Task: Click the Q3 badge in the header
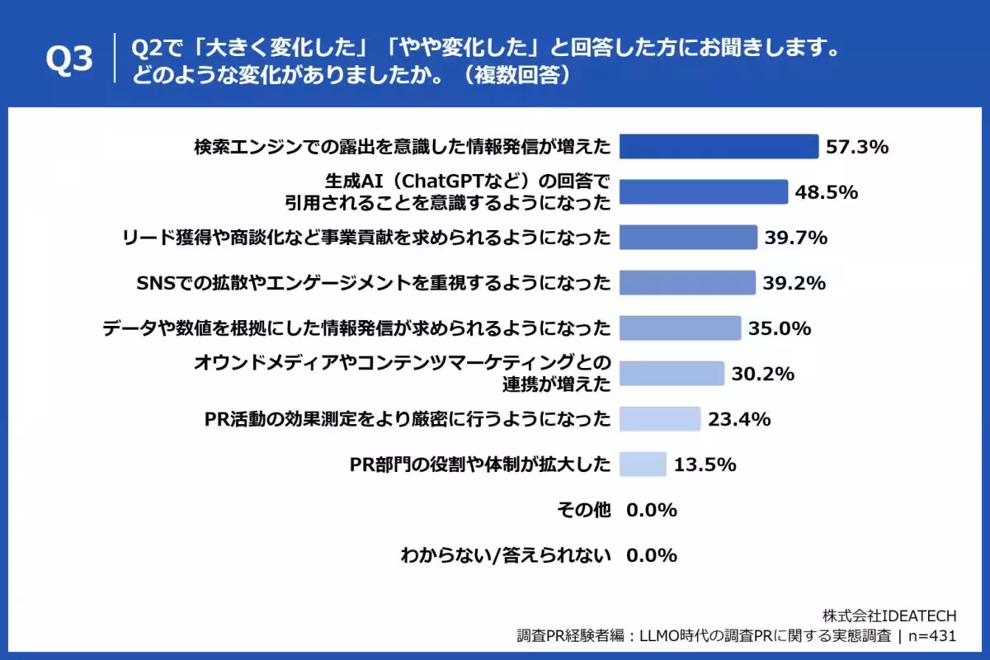point(70,59)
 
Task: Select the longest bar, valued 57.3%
point(718,147)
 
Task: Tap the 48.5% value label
point(827,192)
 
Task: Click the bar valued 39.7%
point(687,238)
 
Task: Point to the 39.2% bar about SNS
point(686,283)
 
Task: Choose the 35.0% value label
point(780,328)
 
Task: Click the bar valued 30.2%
point(671,374)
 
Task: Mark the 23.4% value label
point(739,419)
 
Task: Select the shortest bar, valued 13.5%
point(642,464)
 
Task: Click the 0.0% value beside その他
point(652,510)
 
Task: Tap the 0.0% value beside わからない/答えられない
point(652,555)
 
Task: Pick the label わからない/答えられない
point(506,555)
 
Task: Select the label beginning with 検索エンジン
point(403,147)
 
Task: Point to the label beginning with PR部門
point(480,464)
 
